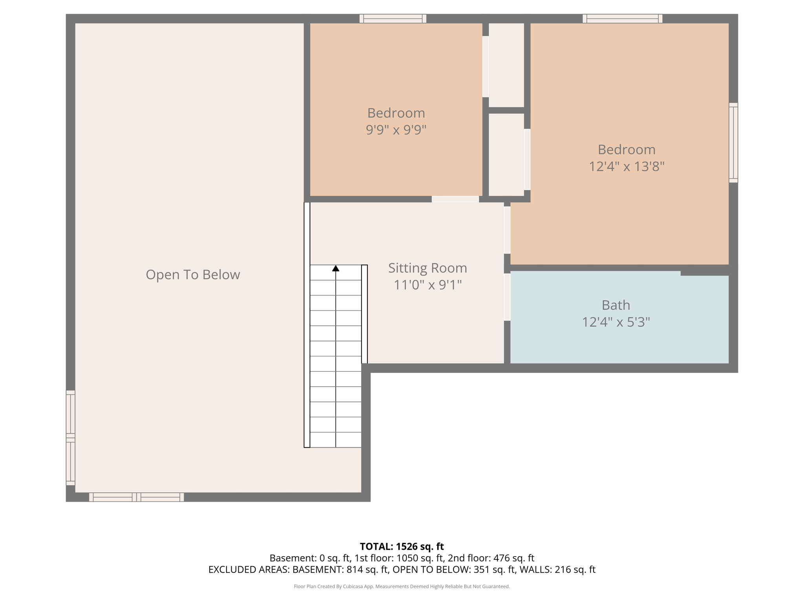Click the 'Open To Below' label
(193, 274)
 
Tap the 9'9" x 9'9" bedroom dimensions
(396, 130)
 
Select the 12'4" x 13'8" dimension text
(626, 166)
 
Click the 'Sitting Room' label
(428, 268)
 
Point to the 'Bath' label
(616, 305)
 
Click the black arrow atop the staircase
(336, 269)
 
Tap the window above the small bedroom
(393, 18)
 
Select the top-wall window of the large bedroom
(622, 18)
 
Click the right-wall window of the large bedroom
(733, 143)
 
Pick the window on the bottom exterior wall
(136, 497)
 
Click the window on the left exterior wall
(70, 438)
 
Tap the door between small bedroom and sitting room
(455, 199)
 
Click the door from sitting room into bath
(507, 297)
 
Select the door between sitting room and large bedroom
(507, 230)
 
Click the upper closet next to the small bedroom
(506, 65)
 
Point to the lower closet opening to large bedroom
(506, 154)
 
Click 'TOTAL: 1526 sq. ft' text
(402, 546)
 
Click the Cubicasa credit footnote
(402, 587)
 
